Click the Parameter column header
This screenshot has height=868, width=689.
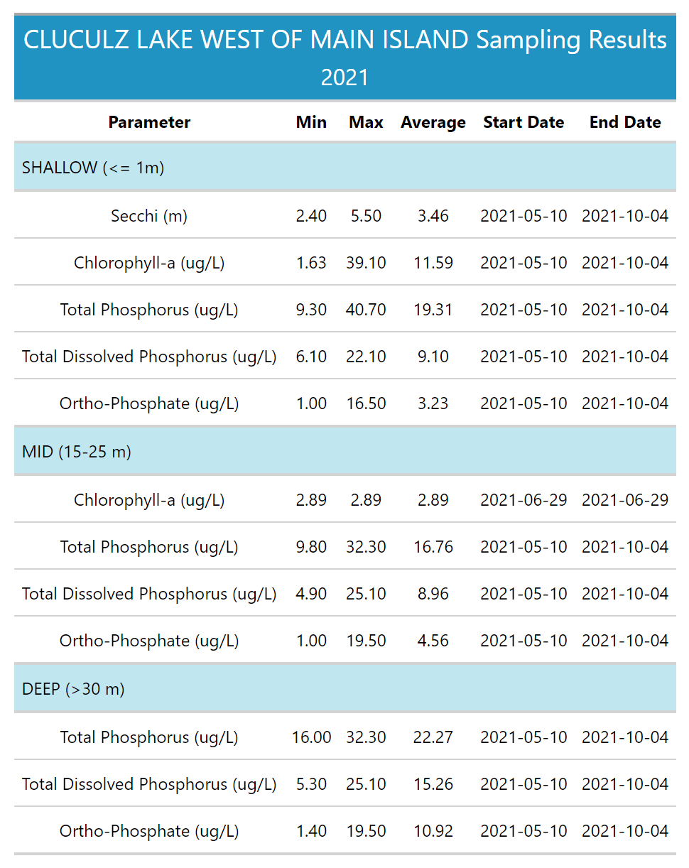pos(149,122)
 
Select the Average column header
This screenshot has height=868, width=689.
pos(433,122)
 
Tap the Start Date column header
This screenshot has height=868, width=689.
pos(523,122)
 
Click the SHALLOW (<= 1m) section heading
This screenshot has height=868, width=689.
pos(93,168)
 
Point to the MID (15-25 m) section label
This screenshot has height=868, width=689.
pos(77,452)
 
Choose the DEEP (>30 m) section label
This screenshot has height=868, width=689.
pos(73,689)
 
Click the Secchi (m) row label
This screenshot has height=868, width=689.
pos(149,216)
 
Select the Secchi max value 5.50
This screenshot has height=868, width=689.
pos(366,216)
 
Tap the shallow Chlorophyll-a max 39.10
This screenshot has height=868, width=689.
pos(366,263)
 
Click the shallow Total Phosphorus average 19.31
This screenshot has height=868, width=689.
pos(433,310)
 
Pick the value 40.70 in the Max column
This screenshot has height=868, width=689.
pos(366,310)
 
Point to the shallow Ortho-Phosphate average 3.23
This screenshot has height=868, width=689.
pos(433,403)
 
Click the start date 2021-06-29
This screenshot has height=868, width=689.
pos(523,500)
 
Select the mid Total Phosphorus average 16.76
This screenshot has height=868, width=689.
pos(433,547)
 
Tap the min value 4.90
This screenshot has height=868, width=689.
pos(311,594)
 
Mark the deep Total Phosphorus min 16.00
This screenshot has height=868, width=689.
pos(311,737)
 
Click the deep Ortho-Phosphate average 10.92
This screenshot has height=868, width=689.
pos(433,831)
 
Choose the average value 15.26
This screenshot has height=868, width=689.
pos(433,784)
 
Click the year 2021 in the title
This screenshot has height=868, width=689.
pos(344,77)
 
